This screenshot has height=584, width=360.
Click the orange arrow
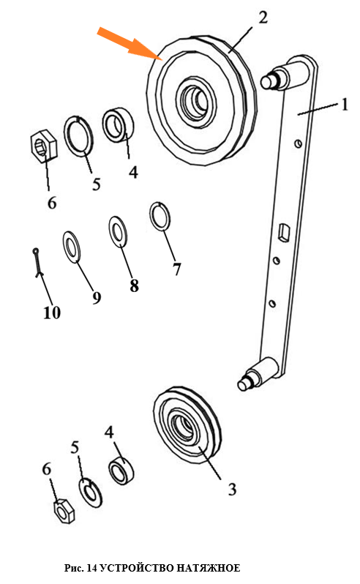(x=130, y=44)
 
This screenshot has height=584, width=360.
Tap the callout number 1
(x=345, y=104)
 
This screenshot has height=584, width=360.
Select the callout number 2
(x=263, y=18)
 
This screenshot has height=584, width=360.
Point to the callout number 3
(x=232, y=489)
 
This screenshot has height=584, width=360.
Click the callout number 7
(x=176, y=269)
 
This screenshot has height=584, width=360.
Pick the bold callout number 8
(x=134, y=285)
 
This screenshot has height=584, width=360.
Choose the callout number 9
(x=97, y=297)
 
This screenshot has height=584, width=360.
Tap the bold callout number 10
(x=52, y=312)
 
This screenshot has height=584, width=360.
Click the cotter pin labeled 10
(x=37, y=263)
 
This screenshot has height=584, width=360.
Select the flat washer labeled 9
(x=72, y=247)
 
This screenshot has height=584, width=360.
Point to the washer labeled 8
(x=118, y=232)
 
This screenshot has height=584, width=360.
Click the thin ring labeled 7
(x=160, y=217)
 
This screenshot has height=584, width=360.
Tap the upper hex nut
(x=44, y=146)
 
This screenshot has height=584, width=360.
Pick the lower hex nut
(x=64, y=511)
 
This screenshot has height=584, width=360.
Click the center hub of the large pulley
(x=196, y=100)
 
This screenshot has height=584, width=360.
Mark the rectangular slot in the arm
(x=285, y=233)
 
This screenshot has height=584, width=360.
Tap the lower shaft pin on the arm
(x=258, y=375)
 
